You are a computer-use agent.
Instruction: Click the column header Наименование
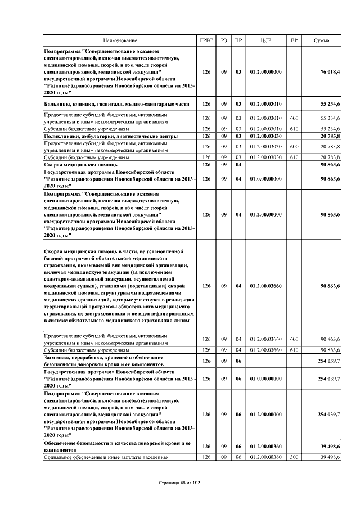(119, 41)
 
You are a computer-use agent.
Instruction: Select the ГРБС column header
(206, 41)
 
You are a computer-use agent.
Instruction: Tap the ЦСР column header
(267, 41)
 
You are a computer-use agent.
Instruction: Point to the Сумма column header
(322, 41)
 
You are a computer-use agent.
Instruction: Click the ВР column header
(294, 41)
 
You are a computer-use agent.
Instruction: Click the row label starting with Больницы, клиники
(117, 104)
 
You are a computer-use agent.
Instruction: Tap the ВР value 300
(294, 457)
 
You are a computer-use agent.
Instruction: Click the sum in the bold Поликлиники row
(330, 136)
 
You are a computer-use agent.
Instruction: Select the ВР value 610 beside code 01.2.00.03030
(294, 157)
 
